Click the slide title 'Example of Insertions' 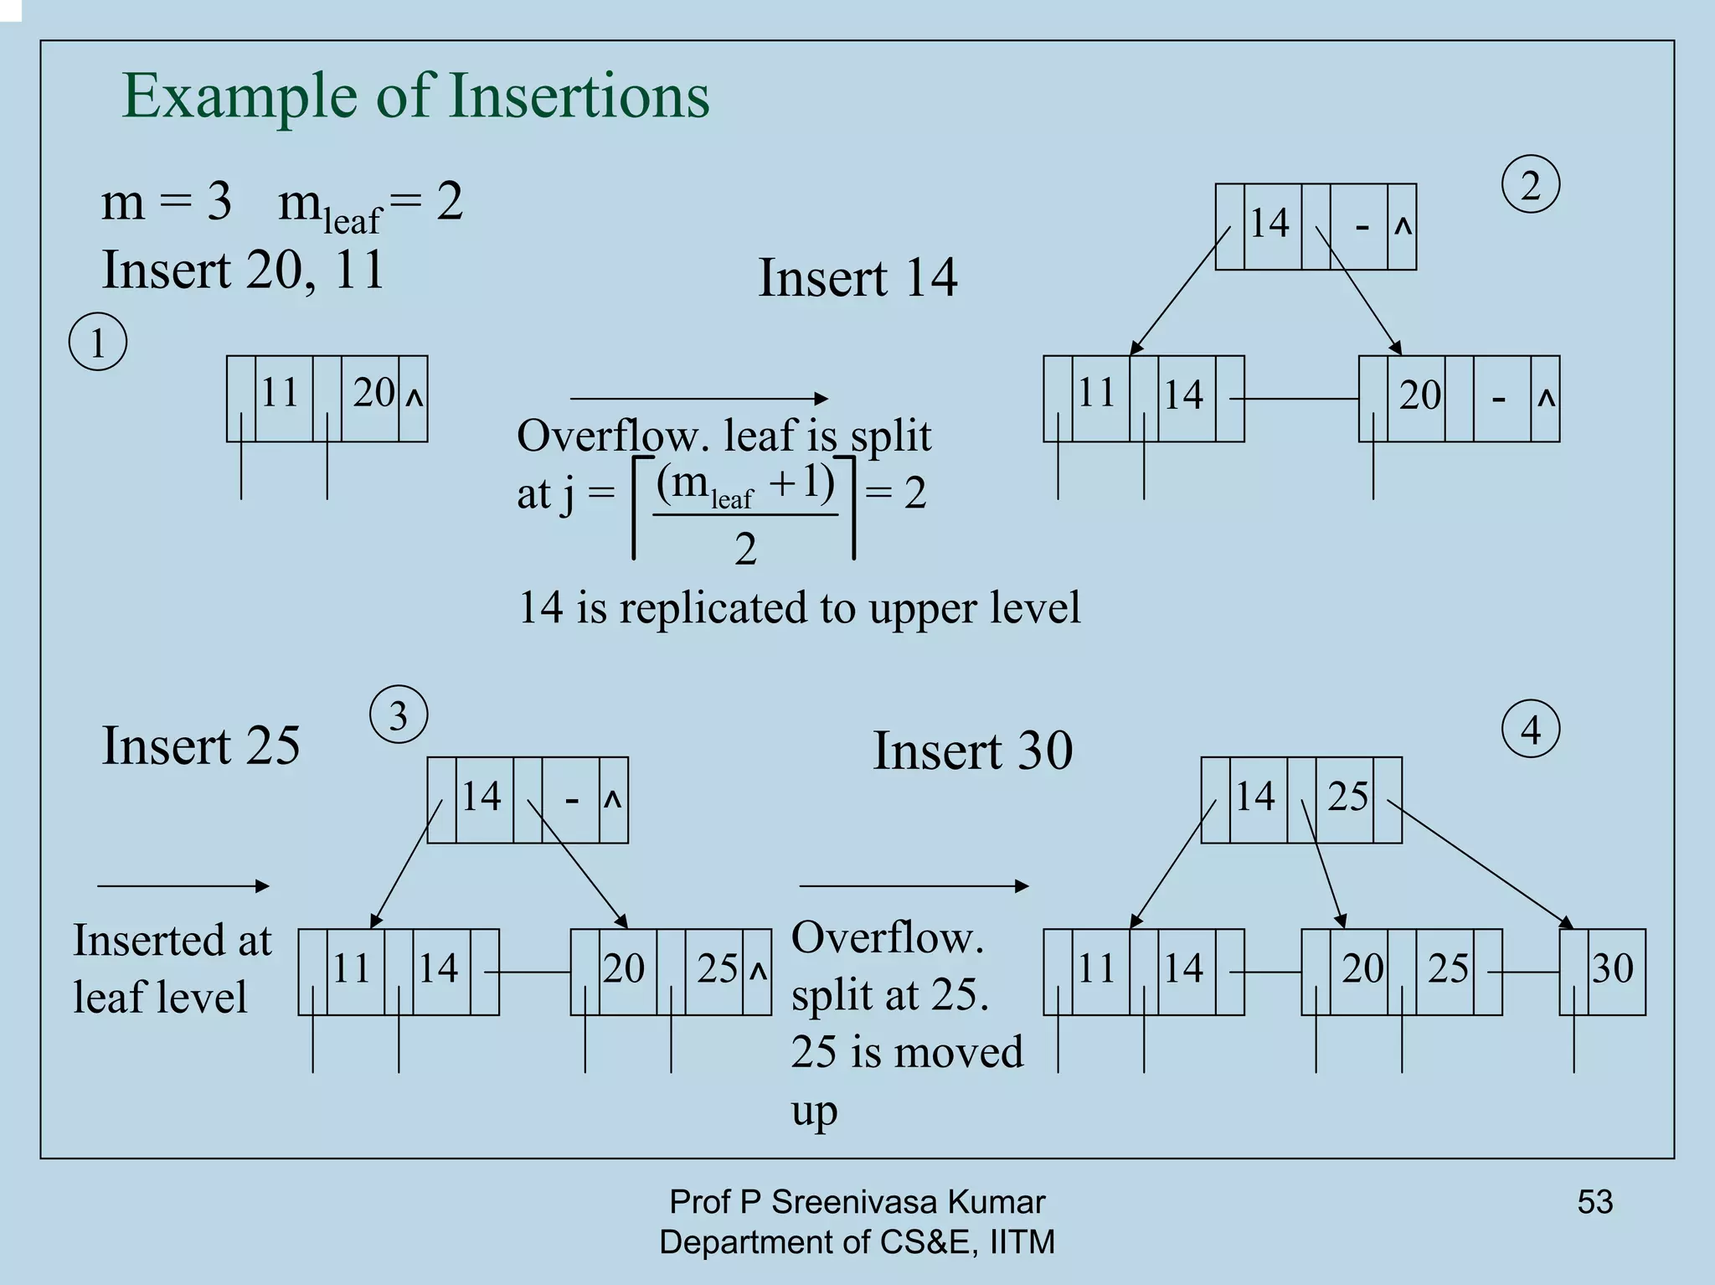click(415, 95)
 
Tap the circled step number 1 click(98, 343)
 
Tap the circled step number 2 click(1530, 185)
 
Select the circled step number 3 click(399, 715)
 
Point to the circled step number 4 click(1531, 730)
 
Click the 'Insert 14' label click(857, 277)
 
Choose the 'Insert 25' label click(200, 745)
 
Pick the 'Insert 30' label click(972, 750)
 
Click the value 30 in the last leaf click(1612, 968)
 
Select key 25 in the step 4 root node click(1347, 796)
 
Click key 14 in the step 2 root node click(1270, 223)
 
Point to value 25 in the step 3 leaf click(717, 968)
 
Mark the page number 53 click(1594, 1201)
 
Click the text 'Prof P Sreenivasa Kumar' click(857, 1201)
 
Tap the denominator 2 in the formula click(745, 550)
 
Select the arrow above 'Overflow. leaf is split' click(698, 399)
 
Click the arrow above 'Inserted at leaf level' click(183, 885)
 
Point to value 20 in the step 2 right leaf click(1419, 395)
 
